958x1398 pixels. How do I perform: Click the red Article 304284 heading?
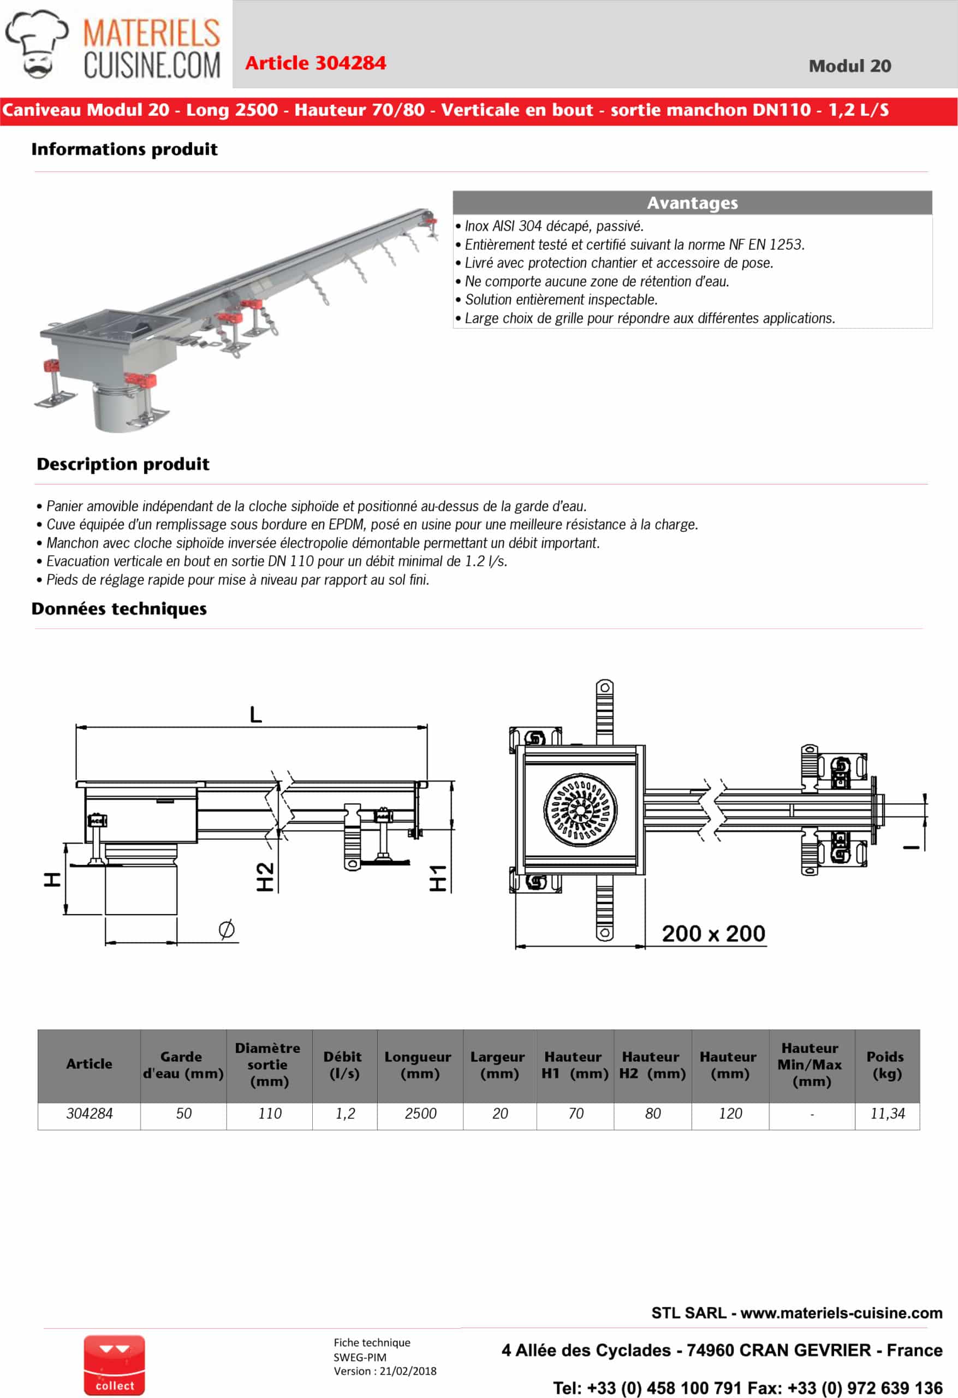pos(315,63)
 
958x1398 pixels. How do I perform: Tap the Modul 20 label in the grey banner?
pos(849,66)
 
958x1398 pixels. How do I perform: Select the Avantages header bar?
pos(692,203)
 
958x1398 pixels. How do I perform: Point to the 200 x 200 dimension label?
pos(713,933)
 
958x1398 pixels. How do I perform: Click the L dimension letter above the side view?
pos(255,715)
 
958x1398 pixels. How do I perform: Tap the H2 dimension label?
pos(265,876)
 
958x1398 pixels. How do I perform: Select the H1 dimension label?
pos(438,878)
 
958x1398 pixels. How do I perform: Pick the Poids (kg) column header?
pos(886,1065)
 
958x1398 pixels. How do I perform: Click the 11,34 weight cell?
pos(887,1113)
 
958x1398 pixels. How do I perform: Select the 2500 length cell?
pos(420,1113)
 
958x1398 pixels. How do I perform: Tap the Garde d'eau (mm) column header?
pos(183,1065)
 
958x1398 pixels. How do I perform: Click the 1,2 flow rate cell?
pos(344,1113)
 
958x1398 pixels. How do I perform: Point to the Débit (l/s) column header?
pos(343,1065)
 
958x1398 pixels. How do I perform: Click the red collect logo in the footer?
pos(114,1365)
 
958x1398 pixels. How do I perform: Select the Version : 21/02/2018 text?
pos(385,1371)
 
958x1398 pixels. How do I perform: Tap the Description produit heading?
pos(123,464)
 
